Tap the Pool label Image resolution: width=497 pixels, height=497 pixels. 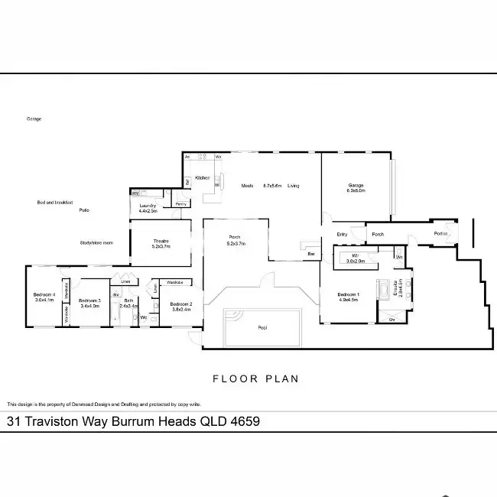click(x=262, y=326)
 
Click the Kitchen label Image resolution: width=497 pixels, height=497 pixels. click(x=203, y=177)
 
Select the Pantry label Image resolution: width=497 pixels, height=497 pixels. click(x=181, y=204)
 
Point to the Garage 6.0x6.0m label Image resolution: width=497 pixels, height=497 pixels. click(x=356, y=187)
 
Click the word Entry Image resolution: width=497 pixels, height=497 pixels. click(x=342, y=234)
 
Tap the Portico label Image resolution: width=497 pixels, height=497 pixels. click(x=440, y=233)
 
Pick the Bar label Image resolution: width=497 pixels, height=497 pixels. click(x=311, y=253)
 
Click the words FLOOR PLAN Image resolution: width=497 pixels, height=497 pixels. click(x=255, y=378)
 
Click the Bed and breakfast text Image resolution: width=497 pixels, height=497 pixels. click(x=54, y=203)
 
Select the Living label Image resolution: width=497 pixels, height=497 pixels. click(x=294, y=186)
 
